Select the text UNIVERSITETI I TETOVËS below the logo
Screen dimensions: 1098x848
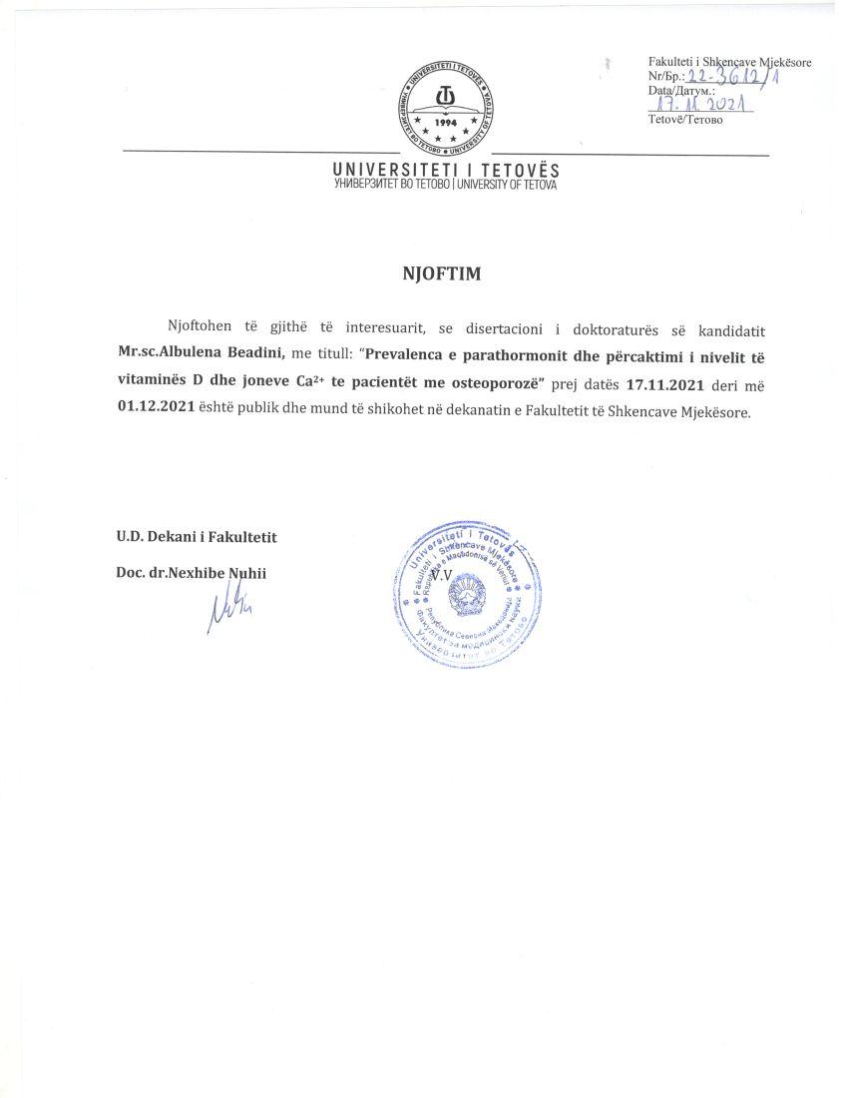coord(446,172)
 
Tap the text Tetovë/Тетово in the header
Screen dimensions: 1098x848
coord(685,121)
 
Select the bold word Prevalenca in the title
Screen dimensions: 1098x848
coord(403,356)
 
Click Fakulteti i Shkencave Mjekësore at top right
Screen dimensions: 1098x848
coord(729,62)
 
